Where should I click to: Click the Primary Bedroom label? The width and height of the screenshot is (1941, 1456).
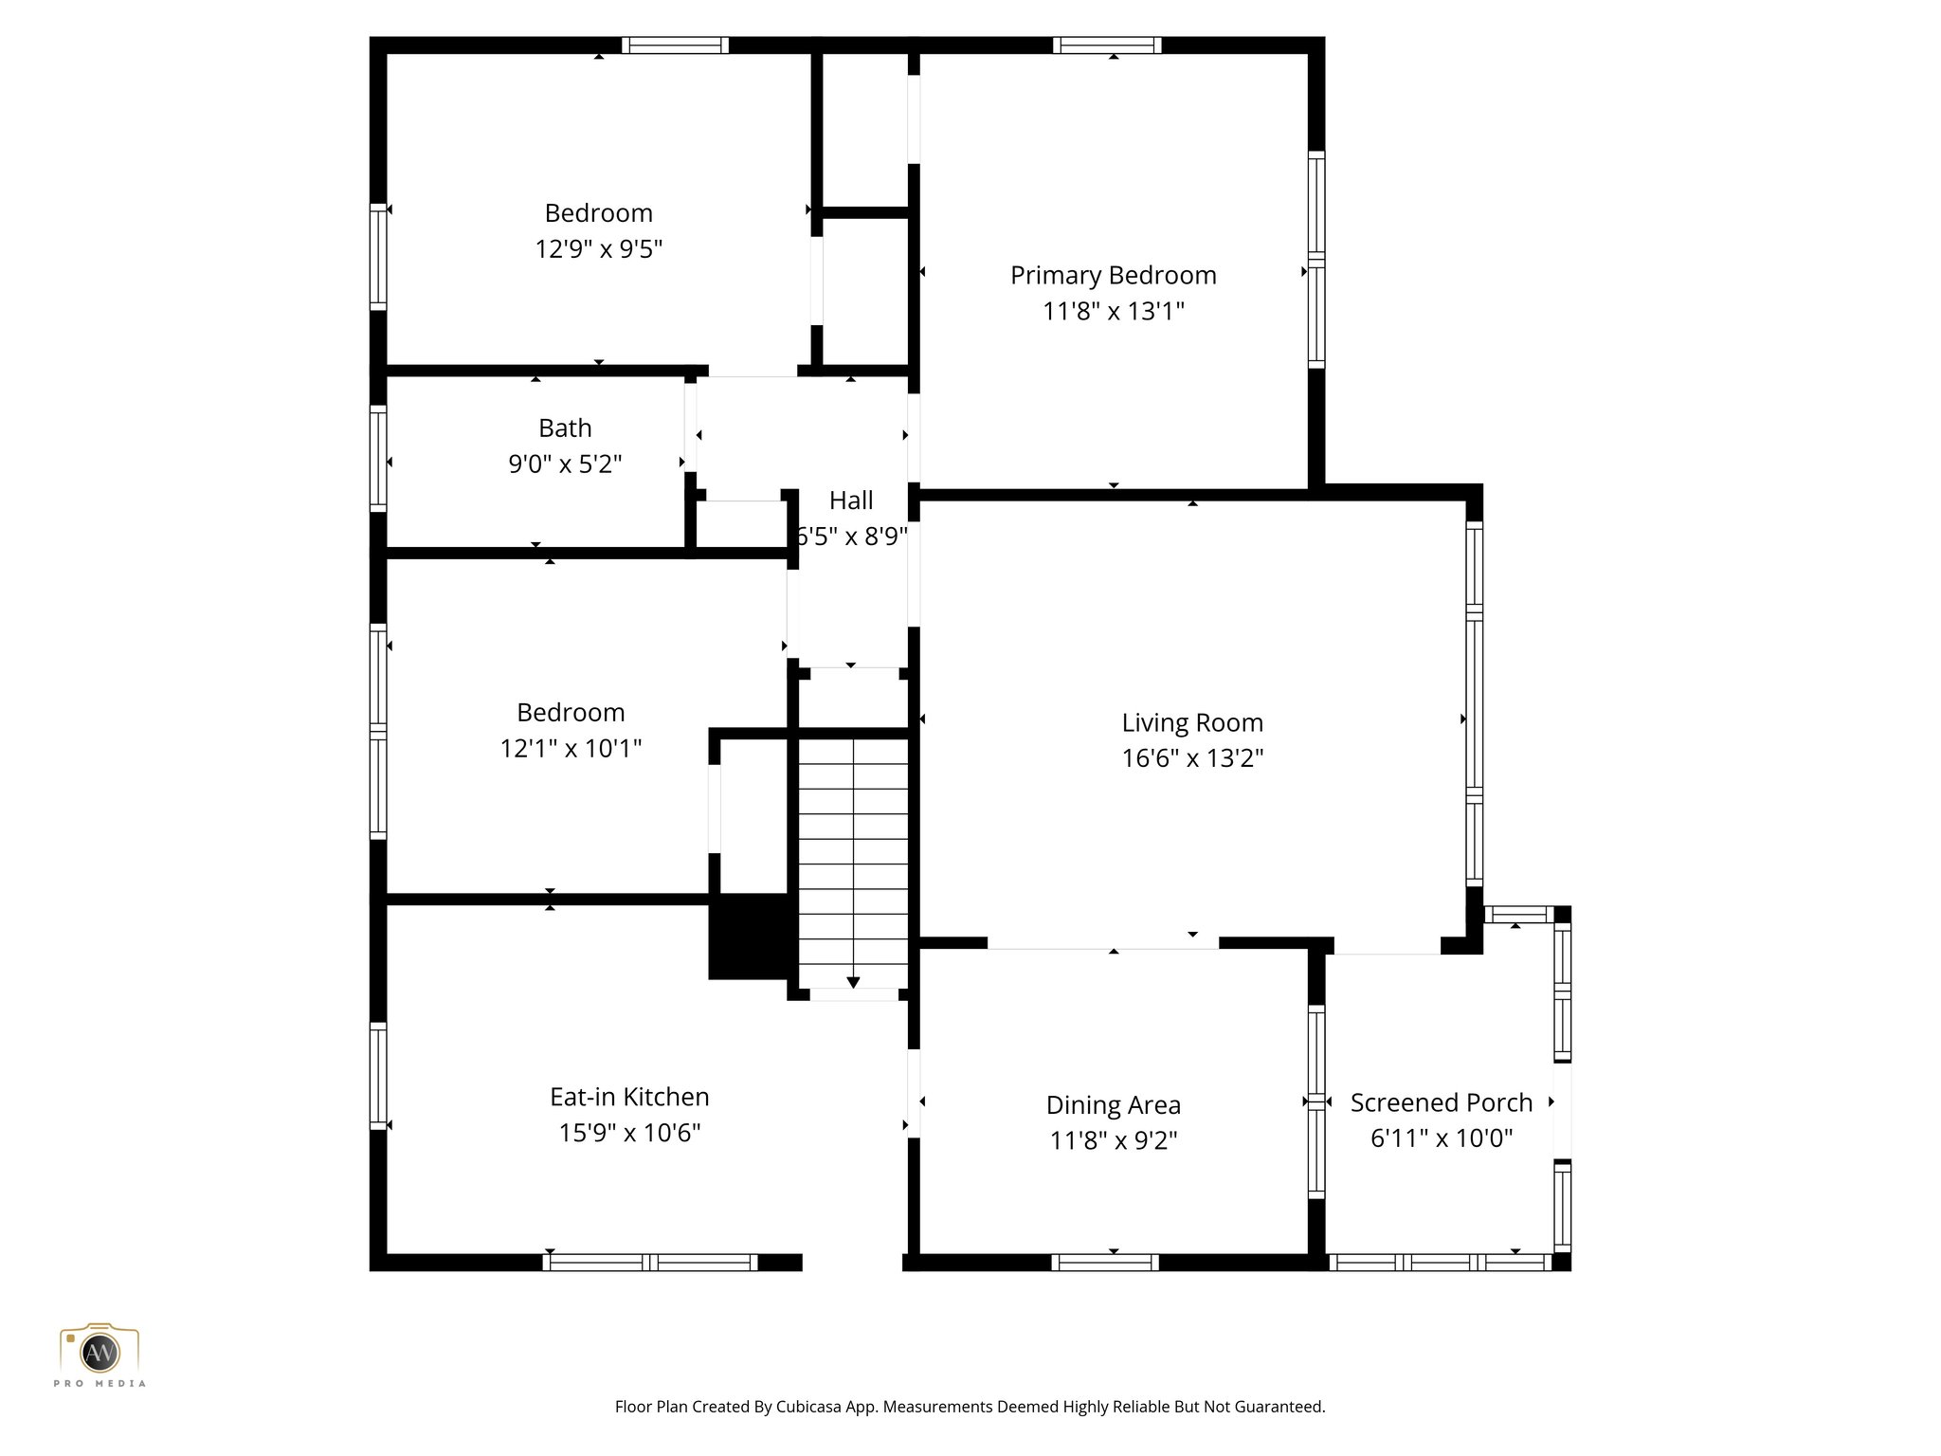tap(1113, 276)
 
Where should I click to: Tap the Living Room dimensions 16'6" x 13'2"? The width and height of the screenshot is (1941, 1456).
tap(1192, 758)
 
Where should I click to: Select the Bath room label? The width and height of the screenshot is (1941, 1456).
tap(565, 428)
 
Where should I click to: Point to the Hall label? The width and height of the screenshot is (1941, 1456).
tap(851, 500)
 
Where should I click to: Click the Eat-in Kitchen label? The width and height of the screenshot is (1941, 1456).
tap(629, 1097)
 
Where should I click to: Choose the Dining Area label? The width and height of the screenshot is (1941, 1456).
tap(1113, 1105)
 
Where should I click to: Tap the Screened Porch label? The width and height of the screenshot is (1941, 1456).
tap(1441, 1102)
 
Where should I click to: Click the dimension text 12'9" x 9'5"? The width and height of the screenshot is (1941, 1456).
tap(598, 249)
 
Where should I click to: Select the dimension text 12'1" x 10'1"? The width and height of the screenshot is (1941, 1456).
tap(571, 749)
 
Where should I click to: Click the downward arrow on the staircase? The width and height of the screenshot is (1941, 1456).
tap(853, 982)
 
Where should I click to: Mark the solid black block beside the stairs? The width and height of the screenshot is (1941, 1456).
tap(749, 936)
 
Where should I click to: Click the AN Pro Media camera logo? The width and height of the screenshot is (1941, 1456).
tap(100, 1350)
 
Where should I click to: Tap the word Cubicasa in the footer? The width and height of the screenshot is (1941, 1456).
tap(810, 1407)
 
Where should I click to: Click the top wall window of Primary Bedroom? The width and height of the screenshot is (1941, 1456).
tap(1106, 45)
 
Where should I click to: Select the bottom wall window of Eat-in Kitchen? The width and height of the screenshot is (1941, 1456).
tap(649, 1262)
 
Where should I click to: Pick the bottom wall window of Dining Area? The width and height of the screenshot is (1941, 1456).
tap(1105, 1262)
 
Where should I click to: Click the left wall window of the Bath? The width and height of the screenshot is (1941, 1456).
tap(378, 459)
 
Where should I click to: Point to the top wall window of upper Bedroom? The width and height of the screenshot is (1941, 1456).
tap(675, 45)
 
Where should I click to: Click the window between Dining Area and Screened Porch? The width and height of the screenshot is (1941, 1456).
tap(1316, 1101)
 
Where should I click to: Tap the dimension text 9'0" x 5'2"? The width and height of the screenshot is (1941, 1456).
tap(565, 464)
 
